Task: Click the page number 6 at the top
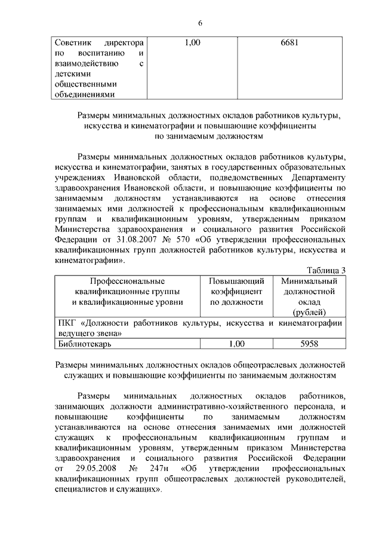(x=200, y=23)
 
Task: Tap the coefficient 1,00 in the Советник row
(x=193, y=43)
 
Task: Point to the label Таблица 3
(x=326, y=271)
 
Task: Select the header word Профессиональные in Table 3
(x=127, y=281)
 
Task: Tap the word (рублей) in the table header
(x=309, y=312)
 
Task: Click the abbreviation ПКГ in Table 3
(x=63, y=323)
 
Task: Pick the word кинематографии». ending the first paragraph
(x=90, y=260)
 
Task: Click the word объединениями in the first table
(x=84, y=94)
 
